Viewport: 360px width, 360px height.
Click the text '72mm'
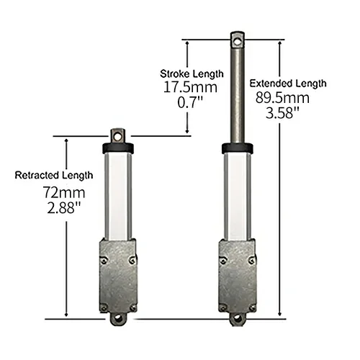(43, 194)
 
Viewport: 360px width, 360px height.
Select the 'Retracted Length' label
(54, 175)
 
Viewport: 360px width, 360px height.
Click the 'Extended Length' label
(289, 83)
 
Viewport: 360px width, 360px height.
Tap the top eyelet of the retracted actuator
(117, 135)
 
